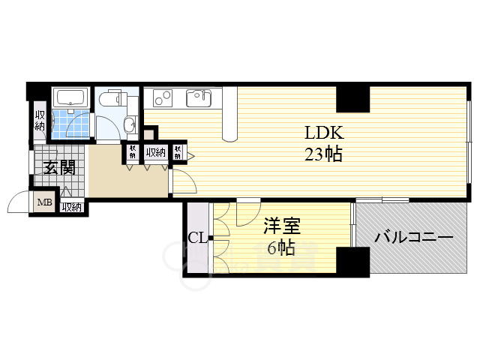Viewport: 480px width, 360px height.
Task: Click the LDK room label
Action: click(323, 133)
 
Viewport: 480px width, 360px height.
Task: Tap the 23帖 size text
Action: click(323, 155)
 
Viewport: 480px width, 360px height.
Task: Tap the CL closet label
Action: click(197, 238)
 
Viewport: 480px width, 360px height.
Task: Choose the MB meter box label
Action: click(43, 202)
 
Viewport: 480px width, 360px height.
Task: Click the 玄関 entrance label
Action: click(58, 167)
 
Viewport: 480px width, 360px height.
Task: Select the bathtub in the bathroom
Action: click(71, 97)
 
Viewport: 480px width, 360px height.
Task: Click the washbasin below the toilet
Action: click(129, 124)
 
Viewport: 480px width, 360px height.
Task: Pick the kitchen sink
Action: click(199, 98)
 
